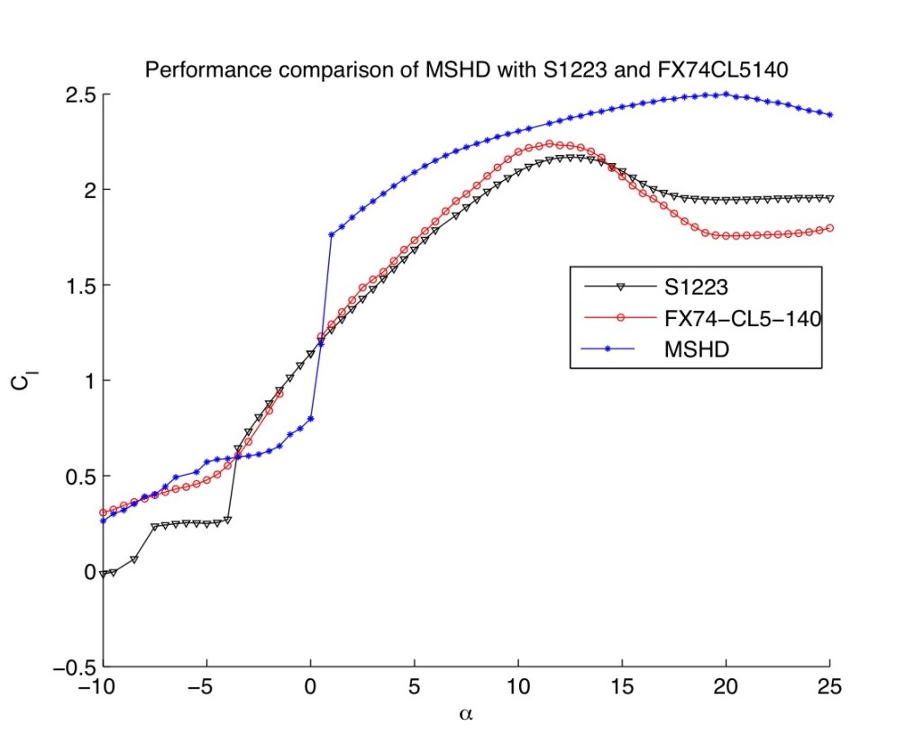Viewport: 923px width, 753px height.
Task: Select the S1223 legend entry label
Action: pos(679,287)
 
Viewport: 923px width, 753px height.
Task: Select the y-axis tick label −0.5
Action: pos(69,667)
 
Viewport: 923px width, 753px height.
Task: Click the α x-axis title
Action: pos(467,716)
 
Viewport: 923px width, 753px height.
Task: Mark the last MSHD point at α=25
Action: pos(830,114)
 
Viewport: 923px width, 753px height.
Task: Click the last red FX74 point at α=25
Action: pos(830,228)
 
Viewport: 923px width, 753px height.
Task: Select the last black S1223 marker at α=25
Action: pos(830,198)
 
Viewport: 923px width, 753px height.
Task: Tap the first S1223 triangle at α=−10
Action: pos(103,573)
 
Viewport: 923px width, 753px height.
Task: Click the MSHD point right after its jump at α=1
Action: pos(332,234)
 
